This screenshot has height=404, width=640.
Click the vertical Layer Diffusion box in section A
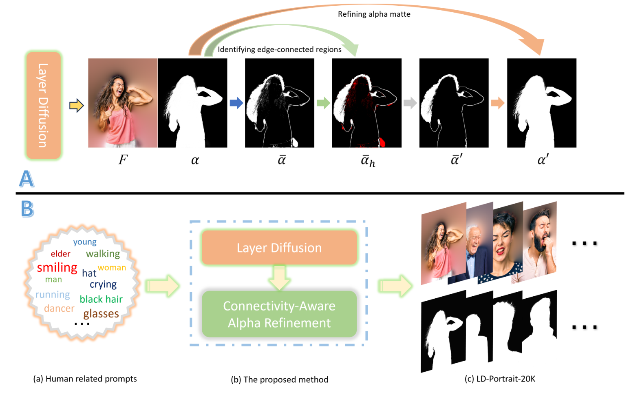point(43,105)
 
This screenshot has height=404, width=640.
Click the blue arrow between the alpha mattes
point(236,103)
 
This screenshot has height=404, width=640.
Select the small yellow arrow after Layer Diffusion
point(76,106)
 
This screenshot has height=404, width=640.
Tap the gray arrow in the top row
point(410,103)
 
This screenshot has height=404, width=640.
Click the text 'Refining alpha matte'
point(374,14)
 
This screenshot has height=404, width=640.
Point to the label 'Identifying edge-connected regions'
point(279,49)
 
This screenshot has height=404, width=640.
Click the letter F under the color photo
point(123,160)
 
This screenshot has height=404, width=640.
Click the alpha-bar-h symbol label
point(368,161)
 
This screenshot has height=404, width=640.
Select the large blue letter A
point(27,179)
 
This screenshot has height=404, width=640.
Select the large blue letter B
point(27,209)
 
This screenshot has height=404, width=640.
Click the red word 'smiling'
point(57,268)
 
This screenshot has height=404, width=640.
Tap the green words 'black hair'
point(101,299)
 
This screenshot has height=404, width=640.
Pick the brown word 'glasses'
point(101,314)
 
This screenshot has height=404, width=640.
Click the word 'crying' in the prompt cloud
point(103,284)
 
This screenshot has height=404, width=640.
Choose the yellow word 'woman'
point(112,268)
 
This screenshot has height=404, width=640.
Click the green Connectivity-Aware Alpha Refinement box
point(279,314)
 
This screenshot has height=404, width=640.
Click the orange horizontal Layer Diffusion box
point(279,248)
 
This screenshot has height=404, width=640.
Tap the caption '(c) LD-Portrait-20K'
point(500,379)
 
